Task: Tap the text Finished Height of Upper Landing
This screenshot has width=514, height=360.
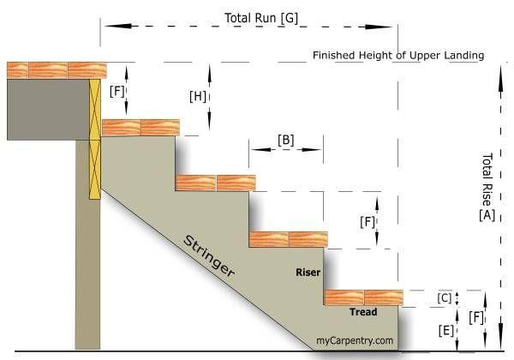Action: (398, 55)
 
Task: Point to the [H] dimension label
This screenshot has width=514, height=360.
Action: (198, 96)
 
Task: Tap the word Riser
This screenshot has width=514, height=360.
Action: (308, 273)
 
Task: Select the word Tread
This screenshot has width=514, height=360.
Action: (363, 312)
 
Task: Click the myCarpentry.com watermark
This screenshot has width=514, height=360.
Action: (356, 340)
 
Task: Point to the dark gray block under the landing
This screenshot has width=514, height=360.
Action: (48, 110)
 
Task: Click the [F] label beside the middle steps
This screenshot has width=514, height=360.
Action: (367, 220)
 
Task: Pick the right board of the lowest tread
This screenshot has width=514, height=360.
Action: (383, 297)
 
